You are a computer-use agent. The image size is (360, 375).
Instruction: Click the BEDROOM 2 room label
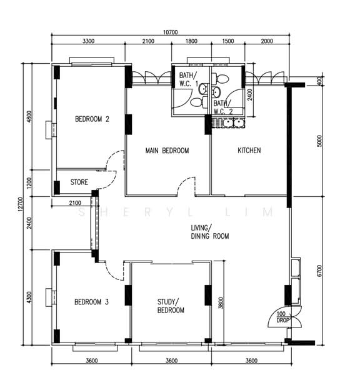click(92, 119)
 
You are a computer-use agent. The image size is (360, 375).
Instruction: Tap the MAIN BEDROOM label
click(167, 151)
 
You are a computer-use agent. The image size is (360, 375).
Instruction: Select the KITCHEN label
click(249, 150)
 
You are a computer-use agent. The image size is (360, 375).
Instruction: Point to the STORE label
click(79, 182)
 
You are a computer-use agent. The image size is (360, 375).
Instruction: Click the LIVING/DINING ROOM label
click(210, 232)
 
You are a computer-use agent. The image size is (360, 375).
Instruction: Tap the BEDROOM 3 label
click(92, 302)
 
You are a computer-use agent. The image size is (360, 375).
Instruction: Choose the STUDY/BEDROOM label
click(171, 306)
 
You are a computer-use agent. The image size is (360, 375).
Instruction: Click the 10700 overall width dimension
click(170, 32)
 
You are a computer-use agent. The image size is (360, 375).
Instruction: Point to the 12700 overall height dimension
click(21, 204)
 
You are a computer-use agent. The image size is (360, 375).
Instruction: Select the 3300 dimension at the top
click(89, 41)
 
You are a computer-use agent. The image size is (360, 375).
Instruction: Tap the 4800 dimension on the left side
click(29, 116)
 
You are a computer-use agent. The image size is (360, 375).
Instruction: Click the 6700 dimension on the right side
click(319, 271)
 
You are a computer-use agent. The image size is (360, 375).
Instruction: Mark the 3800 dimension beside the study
click(221, 302)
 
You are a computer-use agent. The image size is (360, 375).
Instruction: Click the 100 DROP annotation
click(282, 317)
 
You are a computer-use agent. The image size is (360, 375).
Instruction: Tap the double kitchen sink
click(234, 123)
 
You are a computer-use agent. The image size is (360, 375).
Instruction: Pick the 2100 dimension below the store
click(75, 203)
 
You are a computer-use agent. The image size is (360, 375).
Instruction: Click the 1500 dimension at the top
click(228, 41)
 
